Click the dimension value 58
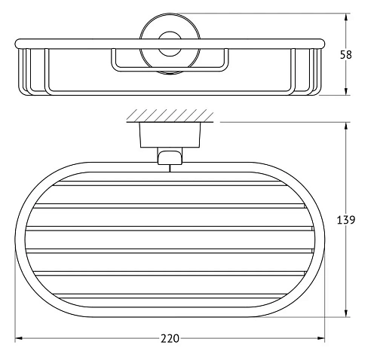(x=346, y=55)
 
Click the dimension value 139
(x=346, y=220)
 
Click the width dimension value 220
(x=170, y=338)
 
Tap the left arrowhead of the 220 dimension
(x=19, y=338)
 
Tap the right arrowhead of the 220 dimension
(x=321, y=338)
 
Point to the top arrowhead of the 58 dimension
(x=346, y=17)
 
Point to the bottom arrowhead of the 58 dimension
(x=346, y=91)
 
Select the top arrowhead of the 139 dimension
(x=346, y=126)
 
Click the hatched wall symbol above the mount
(x=170, y=116)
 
